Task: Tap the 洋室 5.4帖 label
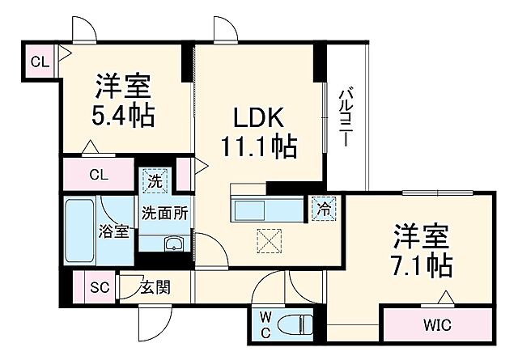(123, 99)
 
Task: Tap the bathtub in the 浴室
(81, 231)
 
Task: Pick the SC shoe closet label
(100, 286)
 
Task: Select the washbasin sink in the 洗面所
(173, 244)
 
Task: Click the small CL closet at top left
(39, 61)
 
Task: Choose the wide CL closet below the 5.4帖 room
(99, 174)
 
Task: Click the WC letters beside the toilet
(265, 324)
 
